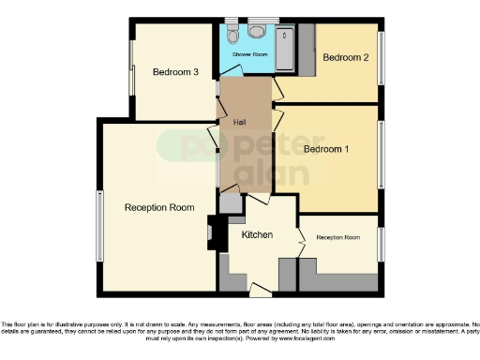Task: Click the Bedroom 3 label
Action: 175,72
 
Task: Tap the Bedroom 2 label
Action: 345,57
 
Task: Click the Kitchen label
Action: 257,233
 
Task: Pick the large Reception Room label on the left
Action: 159,207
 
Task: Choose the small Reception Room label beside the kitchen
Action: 337,237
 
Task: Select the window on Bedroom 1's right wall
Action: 382,155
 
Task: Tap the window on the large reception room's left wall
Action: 98,225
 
